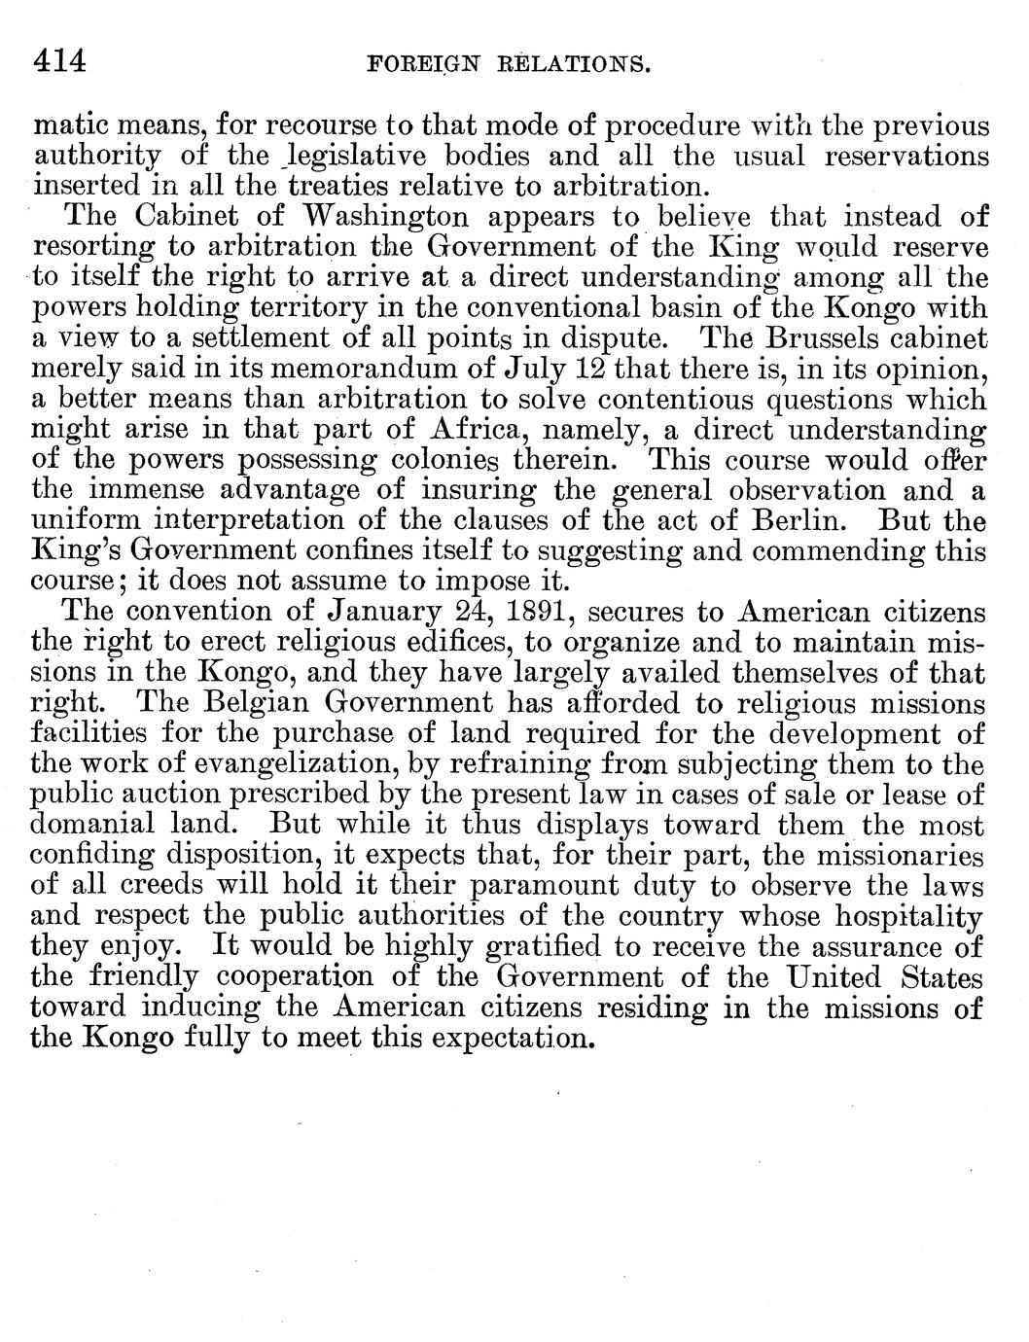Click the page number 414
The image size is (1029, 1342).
tap(60, 62)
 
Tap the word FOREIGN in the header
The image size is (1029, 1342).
tap(417, 65)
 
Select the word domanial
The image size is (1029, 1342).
tap(93, 825)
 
